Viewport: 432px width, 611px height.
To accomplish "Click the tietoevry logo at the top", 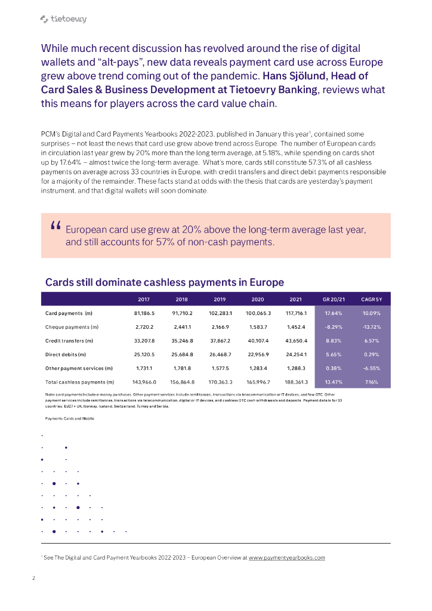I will click(x=63, y=19).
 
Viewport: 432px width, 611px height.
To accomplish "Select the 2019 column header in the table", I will click(x=220, y=299).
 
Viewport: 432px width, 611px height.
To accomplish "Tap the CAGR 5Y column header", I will click(x=372, y=299).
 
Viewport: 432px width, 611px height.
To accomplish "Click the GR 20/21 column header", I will click(x=333, y=299).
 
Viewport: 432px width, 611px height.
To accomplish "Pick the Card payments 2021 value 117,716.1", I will click(x=296, y=313).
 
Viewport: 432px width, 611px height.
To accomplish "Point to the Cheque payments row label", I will click(x=72, y=326).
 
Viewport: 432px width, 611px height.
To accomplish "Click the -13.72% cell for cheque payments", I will click(x=372, y=326).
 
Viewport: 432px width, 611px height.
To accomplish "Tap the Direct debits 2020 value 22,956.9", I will click(x=258, y=354).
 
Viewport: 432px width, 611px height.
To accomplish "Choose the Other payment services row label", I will click(x=79, y=368).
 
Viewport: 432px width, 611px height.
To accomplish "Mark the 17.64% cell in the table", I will click(x=333, y=313).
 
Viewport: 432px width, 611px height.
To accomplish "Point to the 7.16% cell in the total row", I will click(x=372, y=381).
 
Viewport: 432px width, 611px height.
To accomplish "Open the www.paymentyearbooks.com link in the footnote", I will click(x=286, y=557).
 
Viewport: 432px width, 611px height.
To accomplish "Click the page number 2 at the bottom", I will click(x=33, y=578).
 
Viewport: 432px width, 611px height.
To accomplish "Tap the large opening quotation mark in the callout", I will click(x=57, y=226).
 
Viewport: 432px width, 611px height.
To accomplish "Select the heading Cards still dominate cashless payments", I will click(x=165, y=282).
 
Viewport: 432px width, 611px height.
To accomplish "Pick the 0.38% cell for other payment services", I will click(x=333, y=368).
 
